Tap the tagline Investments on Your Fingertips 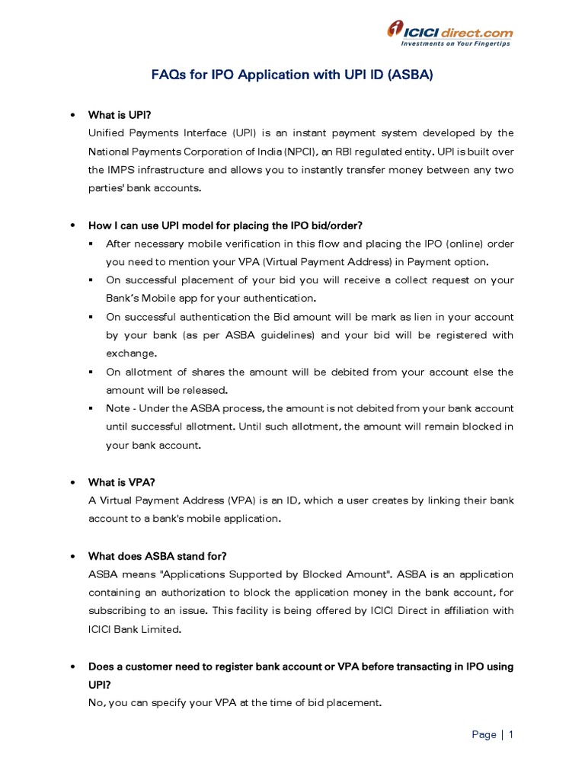[456, 44]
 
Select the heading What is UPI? [120, 115]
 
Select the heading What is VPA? [121, 482]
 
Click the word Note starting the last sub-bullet [118, 408]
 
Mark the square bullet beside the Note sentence [91, 408]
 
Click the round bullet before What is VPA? [72, 483]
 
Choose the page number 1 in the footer [511, 735]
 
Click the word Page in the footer [484, 735]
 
